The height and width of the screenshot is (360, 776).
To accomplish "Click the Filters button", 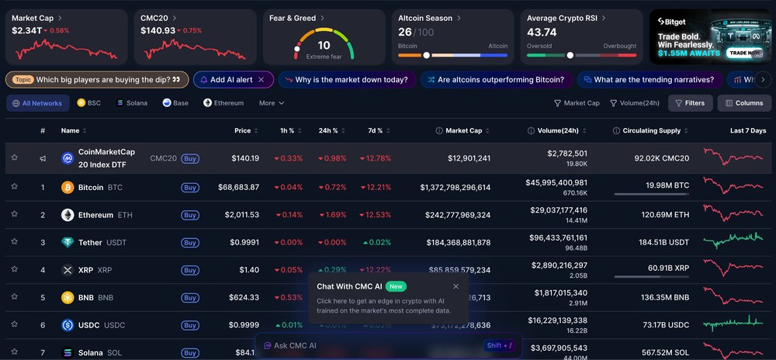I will point(690,103).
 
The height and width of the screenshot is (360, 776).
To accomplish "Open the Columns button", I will point(743,103).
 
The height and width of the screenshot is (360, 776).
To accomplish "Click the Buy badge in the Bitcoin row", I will point(190,187).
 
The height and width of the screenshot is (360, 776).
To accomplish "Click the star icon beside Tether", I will point(14,242).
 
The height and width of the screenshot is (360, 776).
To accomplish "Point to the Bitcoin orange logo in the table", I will point(68,187).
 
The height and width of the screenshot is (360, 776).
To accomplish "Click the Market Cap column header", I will point(463,131).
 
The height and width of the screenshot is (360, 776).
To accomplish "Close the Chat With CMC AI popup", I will point(456,286).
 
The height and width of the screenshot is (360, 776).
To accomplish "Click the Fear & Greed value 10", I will point(324,45).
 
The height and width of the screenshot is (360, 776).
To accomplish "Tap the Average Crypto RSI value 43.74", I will point(542,33).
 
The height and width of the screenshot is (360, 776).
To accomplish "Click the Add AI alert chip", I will point(232,79).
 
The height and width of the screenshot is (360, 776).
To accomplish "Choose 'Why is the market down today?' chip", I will point(346,79).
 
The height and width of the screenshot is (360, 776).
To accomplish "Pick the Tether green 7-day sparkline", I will point(733,241).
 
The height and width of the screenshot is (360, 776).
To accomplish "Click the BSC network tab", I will point(89,103).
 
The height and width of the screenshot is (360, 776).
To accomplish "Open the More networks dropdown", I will point(271,103).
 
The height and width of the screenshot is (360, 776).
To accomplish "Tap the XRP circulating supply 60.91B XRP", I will point(668,268).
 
